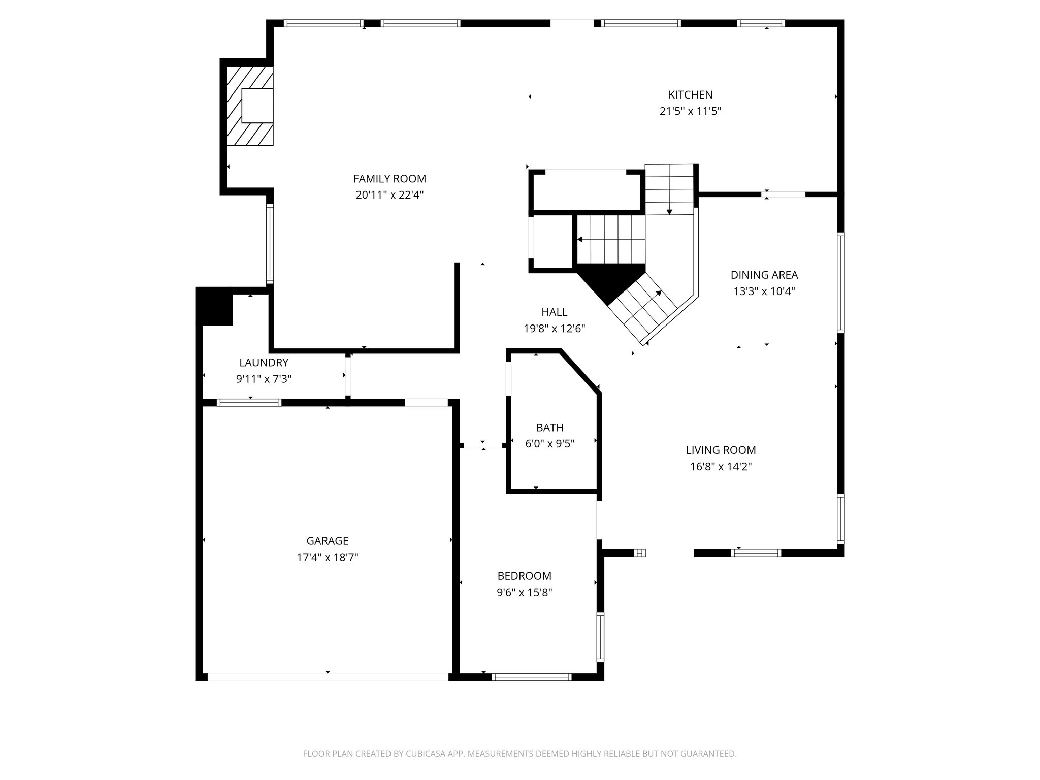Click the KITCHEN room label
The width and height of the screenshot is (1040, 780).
[x=690, y=94]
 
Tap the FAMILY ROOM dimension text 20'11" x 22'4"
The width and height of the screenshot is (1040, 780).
[x=389, y=195]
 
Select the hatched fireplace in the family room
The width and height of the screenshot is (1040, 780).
[x=249, y=106]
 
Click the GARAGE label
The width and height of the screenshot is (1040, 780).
[x=327, y=541]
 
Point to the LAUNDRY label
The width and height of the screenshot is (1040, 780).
[x=264, y=363]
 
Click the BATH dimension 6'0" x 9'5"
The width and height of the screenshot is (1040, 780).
[x=549, y=444]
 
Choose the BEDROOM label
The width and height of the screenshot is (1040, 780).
[x=524, y=576]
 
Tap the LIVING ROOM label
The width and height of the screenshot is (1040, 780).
[x=721, y=450]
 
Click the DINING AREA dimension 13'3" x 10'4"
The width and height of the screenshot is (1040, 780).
[x=764, y=291]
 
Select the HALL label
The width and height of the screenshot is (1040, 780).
[x=554, y=312]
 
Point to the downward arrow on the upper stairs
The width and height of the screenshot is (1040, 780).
[x=669, y=211]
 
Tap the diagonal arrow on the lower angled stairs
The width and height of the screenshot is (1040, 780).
[x=659, y=293]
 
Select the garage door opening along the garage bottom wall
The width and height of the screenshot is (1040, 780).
[x=328, y=677]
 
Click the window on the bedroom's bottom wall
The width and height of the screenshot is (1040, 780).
[x=532, y=677]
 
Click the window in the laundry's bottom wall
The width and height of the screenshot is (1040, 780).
[x=249, y=403]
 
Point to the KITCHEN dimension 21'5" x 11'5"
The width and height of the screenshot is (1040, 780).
[x=690, y=111]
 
